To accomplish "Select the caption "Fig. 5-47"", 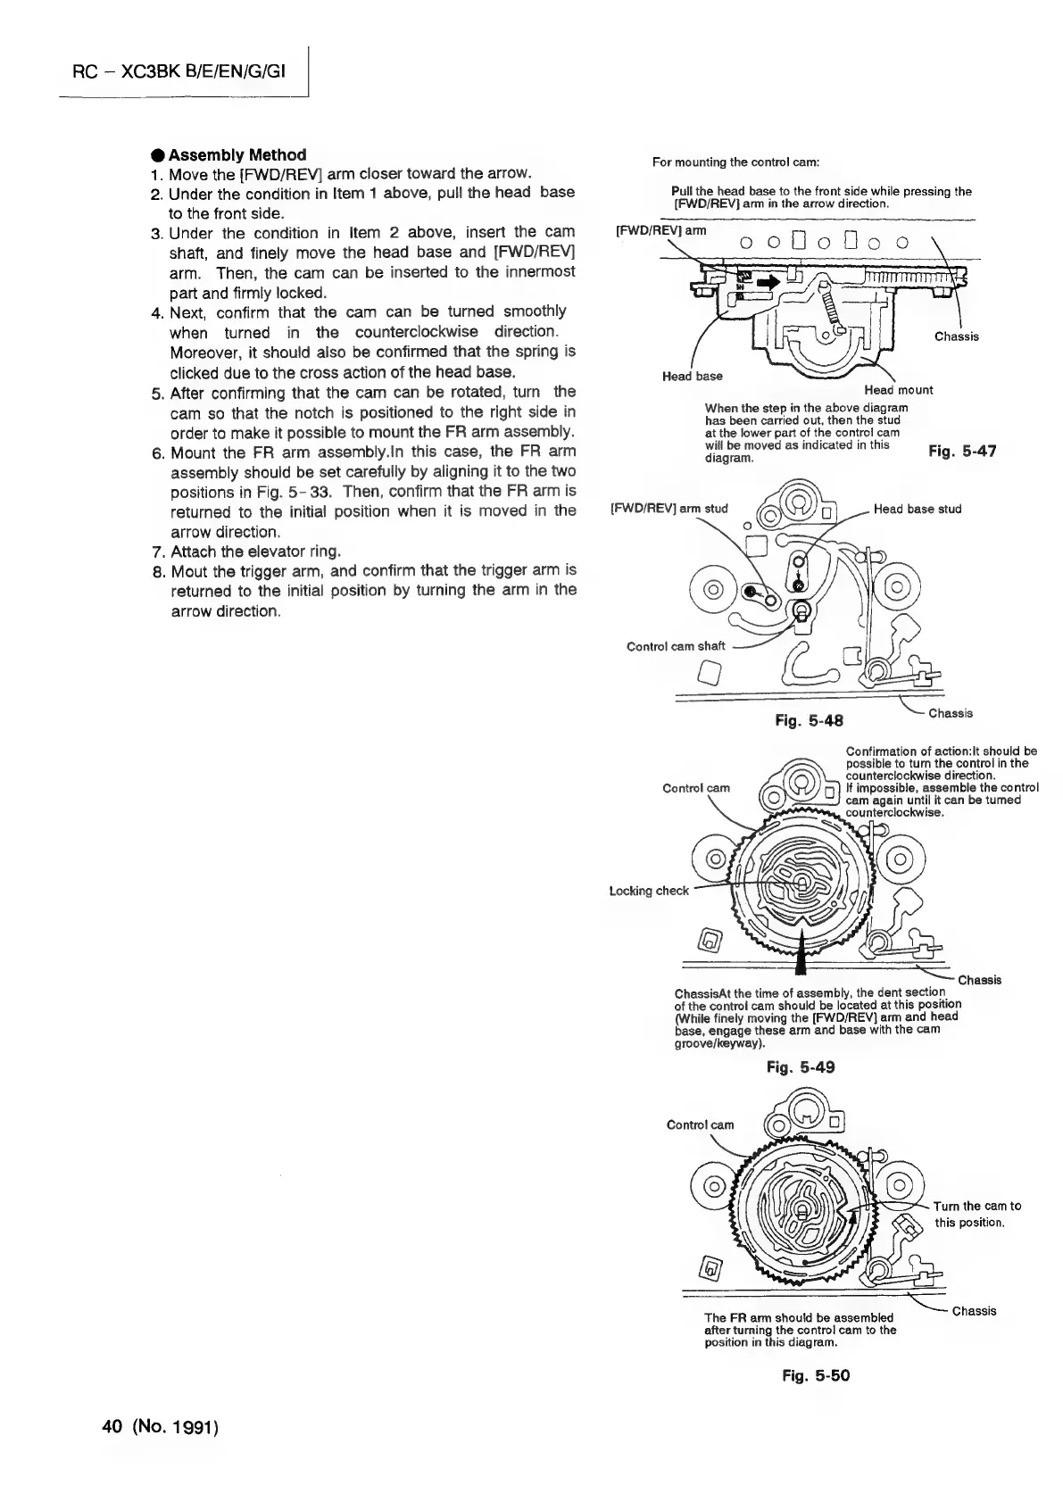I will click(x=962, y=452).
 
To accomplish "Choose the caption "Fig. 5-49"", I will click(x=801, y=1066).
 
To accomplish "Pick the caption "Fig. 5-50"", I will click(x=816, y=1375).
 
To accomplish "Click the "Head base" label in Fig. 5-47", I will click(x=692, y=376).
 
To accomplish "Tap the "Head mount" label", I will click(x=899, y=390).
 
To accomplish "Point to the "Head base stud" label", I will click(x=918, y=509).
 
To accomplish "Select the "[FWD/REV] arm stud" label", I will click(x=669, y=509).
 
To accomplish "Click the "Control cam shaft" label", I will click(x=676, y=646).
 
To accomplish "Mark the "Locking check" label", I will click(x=649, y=891).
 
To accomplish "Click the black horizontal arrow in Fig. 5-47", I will click(x=767, y=283).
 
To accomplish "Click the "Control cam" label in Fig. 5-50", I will click(x=701, y=1124).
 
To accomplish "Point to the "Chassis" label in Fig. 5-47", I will click(x=956, y=336).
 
